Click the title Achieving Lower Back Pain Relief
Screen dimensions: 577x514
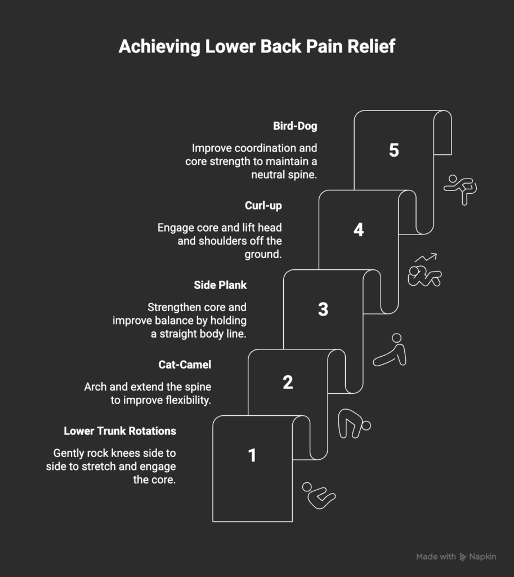click(257, 47)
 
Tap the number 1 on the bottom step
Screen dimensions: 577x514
click(252, 455)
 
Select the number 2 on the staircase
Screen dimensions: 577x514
click(288, 383)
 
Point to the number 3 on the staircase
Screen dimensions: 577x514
click(323, 309)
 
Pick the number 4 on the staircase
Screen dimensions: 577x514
click(359, 230)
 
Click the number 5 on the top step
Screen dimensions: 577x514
click(394, 150)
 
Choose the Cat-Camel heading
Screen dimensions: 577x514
click(185, 365)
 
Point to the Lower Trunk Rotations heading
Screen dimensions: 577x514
click(120, 431)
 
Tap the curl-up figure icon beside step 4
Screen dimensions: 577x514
click(424, 272)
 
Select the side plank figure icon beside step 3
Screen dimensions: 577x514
click(390, 351)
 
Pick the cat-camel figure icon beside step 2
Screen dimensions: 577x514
click(354, 424)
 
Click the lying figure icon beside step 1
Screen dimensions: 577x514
click(318, 495)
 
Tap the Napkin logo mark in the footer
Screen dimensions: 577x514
click(463, 557)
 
